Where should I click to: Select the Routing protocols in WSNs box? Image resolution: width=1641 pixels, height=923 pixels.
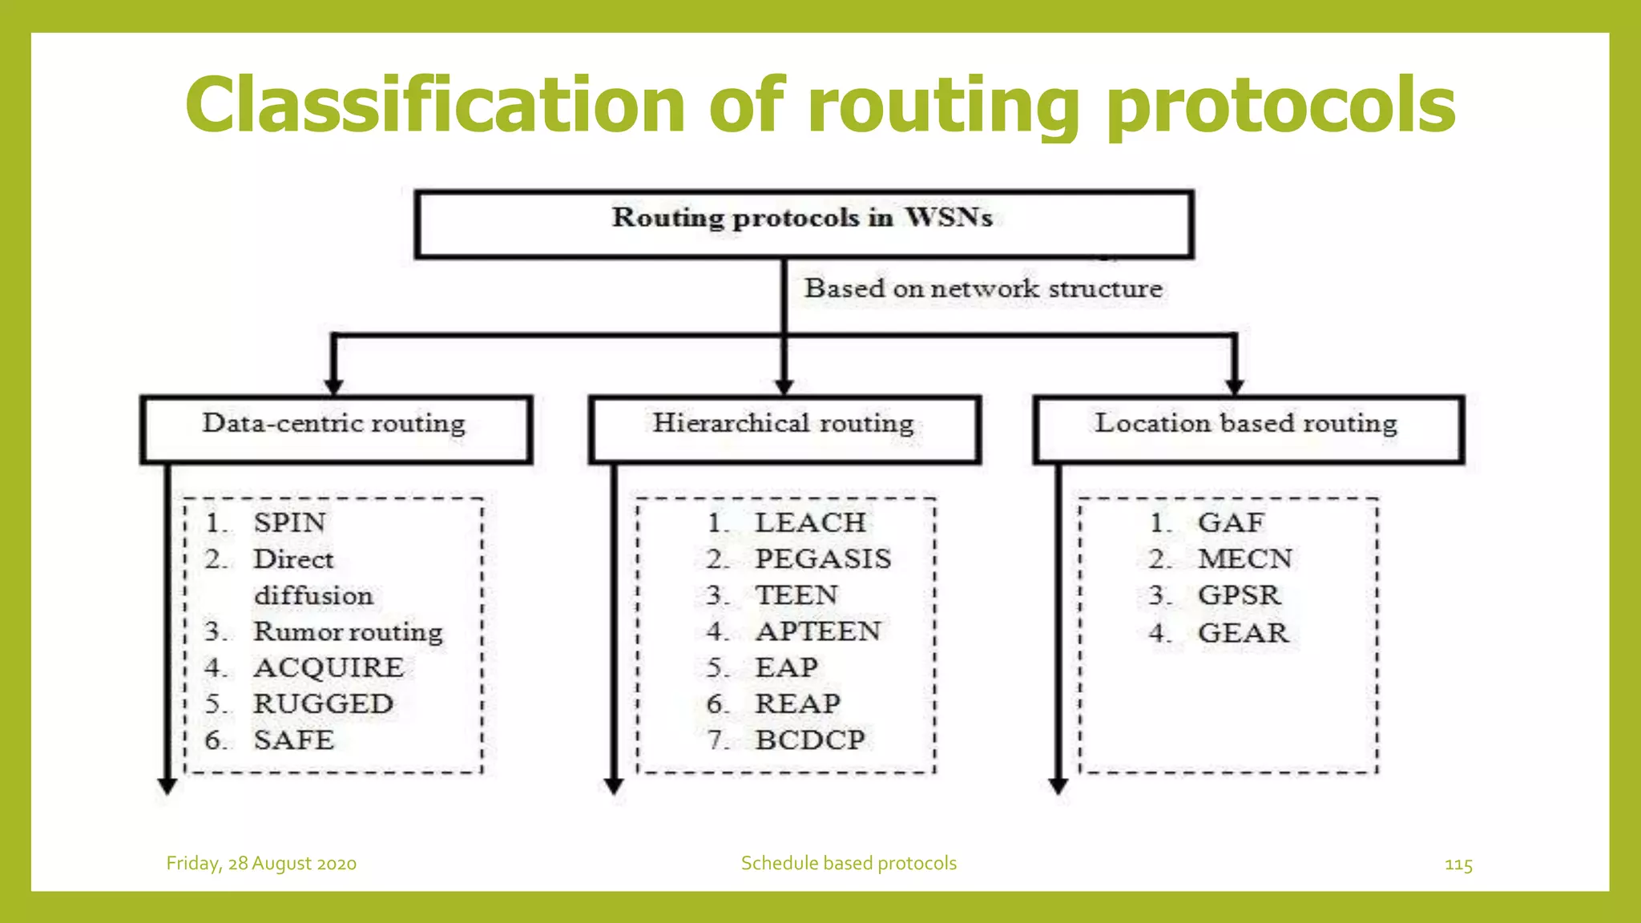[x=804, y=224]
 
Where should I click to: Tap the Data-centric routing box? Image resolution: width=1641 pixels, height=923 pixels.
[x=336, y=429]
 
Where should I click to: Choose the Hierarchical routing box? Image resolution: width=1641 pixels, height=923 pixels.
[x=784, y=429]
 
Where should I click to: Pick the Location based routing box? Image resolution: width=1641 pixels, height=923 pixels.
[x=1248, y=429]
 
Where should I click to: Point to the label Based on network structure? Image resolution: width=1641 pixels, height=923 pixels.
[x=983, y=288]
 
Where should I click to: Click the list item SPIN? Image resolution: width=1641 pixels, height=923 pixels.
[x=289, y=522]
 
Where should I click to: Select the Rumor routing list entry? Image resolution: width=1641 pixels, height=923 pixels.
[x=348, y=631]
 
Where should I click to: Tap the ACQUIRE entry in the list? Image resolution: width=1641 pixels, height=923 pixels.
[x=329, y=667]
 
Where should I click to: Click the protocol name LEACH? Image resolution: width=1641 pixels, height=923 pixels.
[x=810, y=522]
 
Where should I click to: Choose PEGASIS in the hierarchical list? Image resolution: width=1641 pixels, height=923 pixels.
[x=823, y=558]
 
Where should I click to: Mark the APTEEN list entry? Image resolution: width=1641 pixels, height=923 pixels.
[x=818, y=631]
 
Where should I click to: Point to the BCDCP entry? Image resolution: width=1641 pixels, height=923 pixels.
[x=810, y=740]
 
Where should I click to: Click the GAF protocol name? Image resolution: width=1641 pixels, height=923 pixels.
[x=1231, y=522]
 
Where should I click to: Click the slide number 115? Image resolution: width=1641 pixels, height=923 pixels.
[x=1458, y=865]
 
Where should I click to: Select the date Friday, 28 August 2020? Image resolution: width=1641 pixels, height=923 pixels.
[x=261, y=864]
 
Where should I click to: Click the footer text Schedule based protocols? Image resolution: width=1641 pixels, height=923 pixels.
[x=849, y=864]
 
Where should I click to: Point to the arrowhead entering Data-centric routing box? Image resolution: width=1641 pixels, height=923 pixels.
[x=334, y=387]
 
